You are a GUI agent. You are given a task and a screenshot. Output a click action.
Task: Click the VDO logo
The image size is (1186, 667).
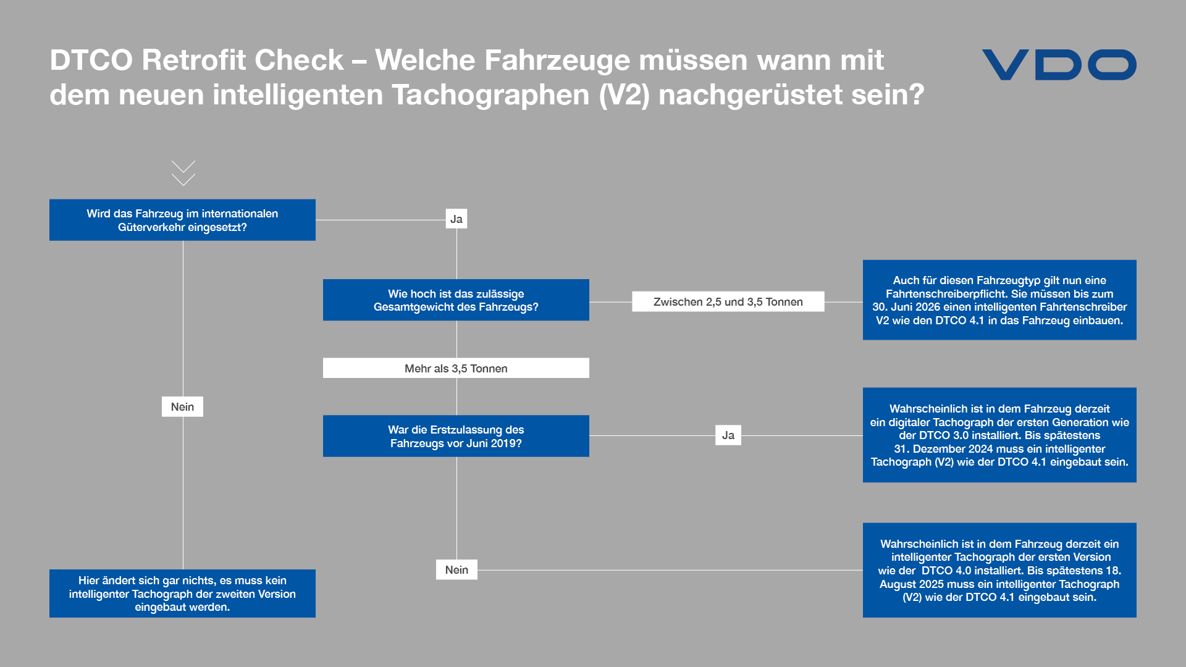[x=1059, y=65]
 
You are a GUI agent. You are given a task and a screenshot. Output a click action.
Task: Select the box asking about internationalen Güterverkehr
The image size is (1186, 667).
[x=182, y=220]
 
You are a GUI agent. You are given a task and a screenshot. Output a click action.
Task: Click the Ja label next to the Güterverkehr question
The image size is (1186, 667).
[x=456, y=219]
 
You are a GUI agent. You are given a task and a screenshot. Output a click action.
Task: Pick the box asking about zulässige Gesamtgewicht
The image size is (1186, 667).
[x=456, y=300]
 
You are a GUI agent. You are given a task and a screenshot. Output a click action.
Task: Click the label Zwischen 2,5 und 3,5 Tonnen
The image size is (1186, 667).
[x=728, y=301]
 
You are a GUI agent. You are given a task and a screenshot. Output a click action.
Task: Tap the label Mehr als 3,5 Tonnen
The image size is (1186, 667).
[x=456, y=368]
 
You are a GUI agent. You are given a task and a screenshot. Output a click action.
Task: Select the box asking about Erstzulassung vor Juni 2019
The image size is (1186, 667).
[x=456, y=436]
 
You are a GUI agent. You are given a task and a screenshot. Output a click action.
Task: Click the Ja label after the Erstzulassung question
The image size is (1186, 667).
[x=728, y=435]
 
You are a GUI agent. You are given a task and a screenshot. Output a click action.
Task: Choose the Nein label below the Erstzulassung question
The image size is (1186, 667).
[x=456, y=569]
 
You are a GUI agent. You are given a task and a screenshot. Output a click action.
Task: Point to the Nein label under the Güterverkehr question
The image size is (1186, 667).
[x=182, y=406]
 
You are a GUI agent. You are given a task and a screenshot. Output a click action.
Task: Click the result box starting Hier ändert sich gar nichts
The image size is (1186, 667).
[x=182, y=594]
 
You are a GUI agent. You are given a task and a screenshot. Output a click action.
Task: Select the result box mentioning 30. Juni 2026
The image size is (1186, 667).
[x=999, y=300]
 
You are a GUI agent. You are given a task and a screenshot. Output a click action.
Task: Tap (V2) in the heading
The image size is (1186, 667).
[x=625, y=95]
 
